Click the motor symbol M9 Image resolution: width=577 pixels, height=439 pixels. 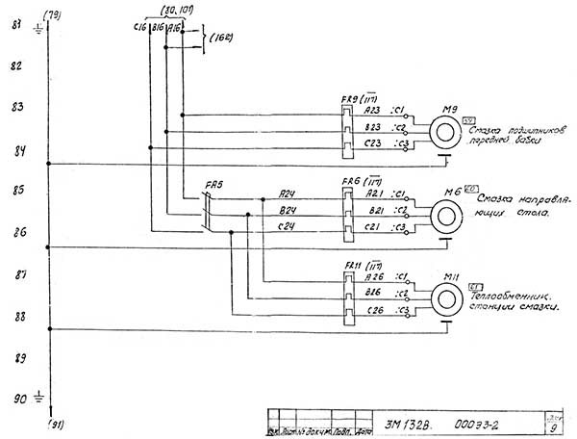[x=444, y=129]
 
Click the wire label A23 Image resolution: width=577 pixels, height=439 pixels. [x=374, y=111]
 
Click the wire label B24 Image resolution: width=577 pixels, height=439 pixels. [x=286, y=209]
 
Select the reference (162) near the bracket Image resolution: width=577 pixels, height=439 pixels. [x=222, y=38]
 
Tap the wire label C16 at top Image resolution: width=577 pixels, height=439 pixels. [x=138, y=29]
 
